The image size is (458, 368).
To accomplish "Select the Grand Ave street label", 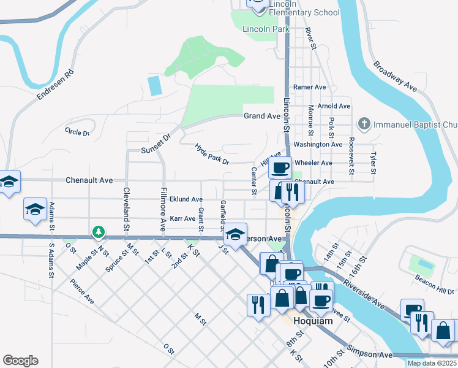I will coord(261,116).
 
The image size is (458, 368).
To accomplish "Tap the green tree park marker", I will coord(98,232).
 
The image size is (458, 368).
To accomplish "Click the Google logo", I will coord(20,361).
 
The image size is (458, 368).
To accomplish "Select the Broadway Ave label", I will coord(394,77).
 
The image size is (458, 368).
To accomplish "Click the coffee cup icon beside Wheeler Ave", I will coord(281,167).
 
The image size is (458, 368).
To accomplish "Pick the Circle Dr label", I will coord(77,131).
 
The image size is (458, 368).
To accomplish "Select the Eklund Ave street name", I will coord(186,199).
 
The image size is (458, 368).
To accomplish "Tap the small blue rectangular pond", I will coord(156,85).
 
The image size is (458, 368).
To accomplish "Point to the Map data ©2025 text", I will coord(432,363).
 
